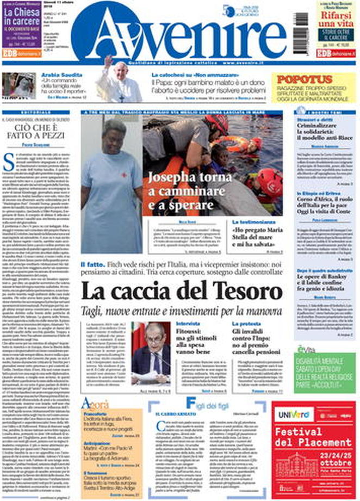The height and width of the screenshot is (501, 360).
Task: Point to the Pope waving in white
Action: click(117, 82)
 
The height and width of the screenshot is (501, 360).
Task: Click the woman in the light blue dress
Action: click(111, 185)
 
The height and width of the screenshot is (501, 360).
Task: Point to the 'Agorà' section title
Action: click(95, 404)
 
